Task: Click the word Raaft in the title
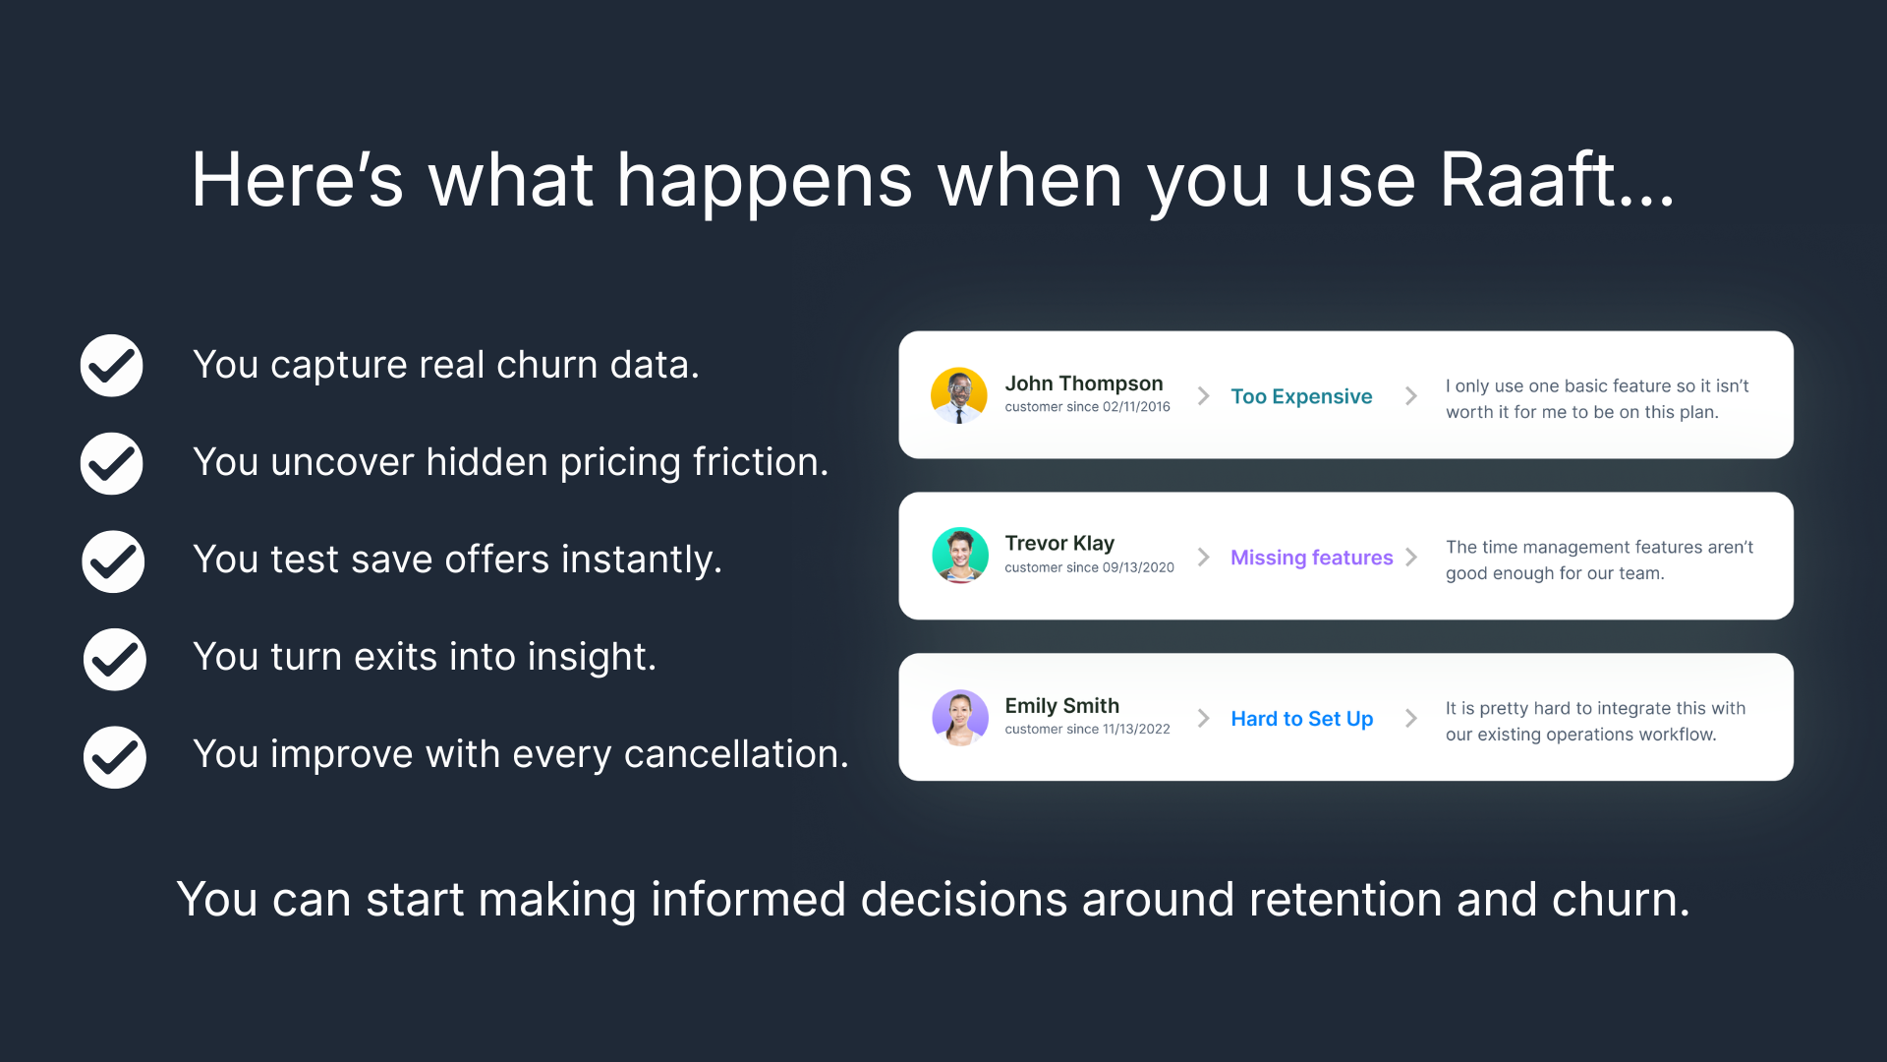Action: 1528,180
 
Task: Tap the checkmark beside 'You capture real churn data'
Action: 112,366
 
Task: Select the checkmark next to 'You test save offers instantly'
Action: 114,561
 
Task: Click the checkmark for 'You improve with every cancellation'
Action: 115,757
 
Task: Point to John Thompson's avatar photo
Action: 959,395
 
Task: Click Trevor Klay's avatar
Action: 960,556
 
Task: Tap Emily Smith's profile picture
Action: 960,717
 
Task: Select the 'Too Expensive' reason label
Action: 1301,396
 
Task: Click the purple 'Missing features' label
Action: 1312,558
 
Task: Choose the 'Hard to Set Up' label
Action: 1302,719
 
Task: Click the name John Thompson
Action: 1084,383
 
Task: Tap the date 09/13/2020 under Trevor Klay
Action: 1138,567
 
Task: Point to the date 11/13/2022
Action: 1136,729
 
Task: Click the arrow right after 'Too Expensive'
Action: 1411,395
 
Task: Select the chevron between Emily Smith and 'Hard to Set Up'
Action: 1204,718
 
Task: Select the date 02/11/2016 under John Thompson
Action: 1136,406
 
